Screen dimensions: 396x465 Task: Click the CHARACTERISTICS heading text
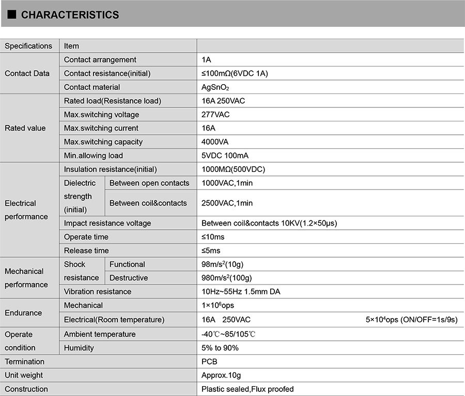point(70,15)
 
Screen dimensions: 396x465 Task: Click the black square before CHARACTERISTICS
point(12,14)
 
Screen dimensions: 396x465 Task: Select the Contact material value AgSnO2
point(215,87)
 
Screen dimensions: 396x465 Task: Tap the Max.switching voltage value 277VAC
point(215,115)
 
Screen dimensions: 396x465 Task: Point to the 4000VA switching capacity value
point(215,142)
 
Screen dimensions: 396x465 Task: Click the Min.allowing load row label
point(94,155)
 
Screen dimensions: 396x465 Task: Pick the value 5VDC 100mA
point(225,155)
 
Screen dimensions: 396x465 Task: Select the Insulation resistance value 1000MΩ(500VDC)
point(233,169)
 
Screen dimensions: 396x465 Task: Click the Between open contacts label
point(149,183)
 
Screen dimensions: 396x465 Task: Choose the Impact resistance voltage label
point(107,223)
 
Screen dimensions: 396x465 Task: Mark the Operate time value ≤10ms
point(213,237)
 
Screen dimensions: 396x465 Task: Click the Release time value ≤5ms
point(211,250)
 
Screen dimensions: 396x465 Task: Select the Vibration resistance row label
point(98,292)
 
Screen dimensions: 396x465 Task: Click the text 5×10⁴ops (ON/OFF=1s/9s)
point(411,320)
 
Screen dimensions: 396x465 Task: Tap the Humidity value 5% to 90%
point(220,348)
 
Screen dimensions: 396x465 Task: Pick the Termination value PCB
point(209,361)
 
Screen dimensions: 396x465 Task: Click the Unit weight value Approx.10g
point(221,375)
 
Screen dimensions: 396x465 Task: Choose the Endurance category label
point(23,313)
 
